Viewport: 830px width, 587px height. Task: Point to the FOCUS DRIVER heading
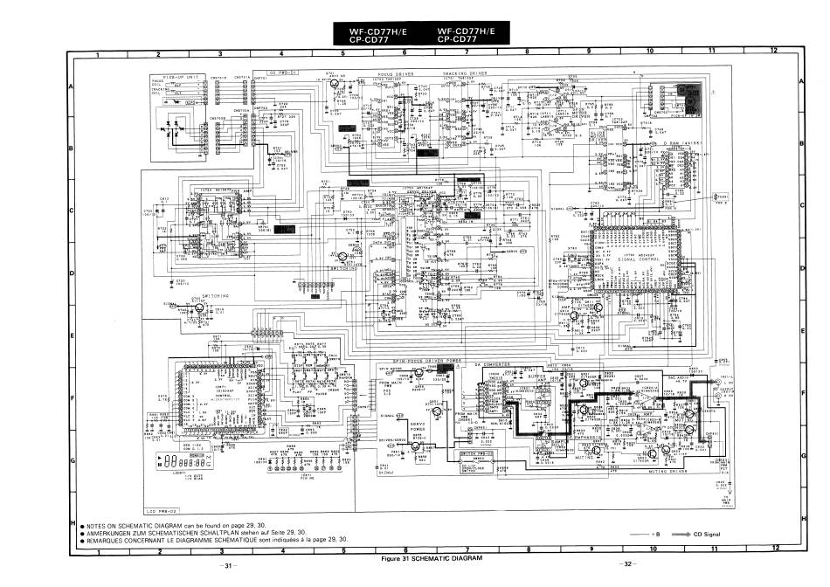click(395, 74)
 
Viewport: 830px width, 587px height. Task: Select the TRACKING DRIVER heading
click(465, 74)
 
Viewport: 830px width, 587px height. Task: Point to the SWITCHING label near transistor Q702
click(215, 295)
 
